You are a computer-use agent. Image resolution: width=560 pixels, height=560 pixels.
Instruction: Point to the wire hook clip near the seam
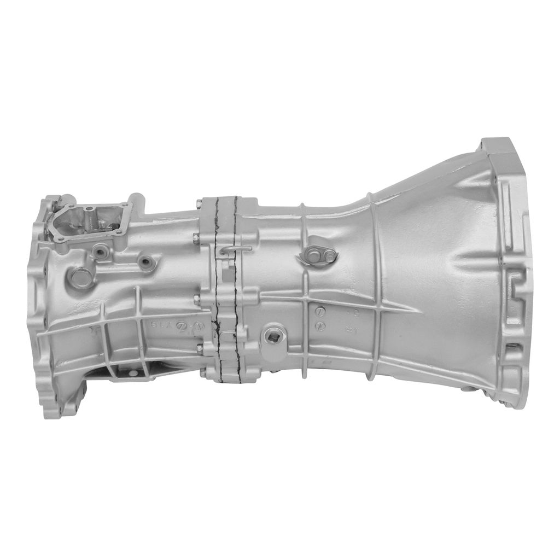coord(232,250)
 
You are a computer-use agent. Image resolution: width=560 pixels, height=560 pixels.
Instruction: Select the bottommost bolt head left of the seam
coord(203,374)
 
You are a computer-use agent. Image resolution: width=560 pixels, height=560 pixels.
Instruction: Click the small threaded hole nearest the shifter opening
coord(100,253)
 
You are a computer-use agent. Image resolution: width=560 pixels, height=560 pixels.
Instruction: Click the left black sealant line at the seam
coord(217,284)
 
